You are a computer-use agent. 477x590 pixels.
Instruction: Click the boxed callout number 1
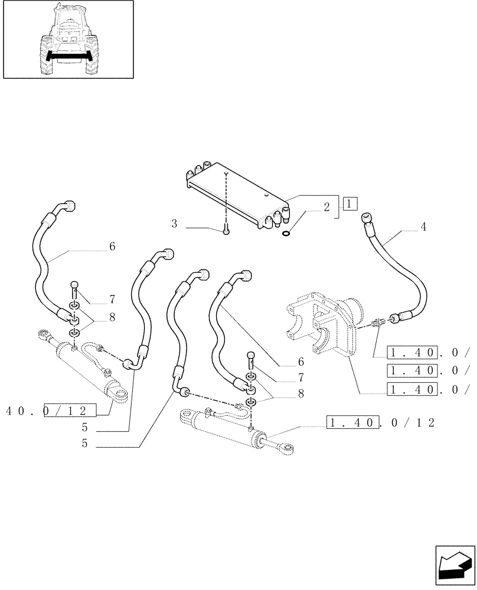350,204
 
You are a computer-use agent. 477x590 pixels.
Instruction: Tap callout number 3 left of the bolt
175,224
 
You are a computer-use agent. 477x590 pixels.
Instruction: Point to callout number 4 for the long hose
424,225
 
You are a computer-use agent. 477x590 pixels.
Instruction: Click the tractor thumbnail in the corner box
68,40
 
